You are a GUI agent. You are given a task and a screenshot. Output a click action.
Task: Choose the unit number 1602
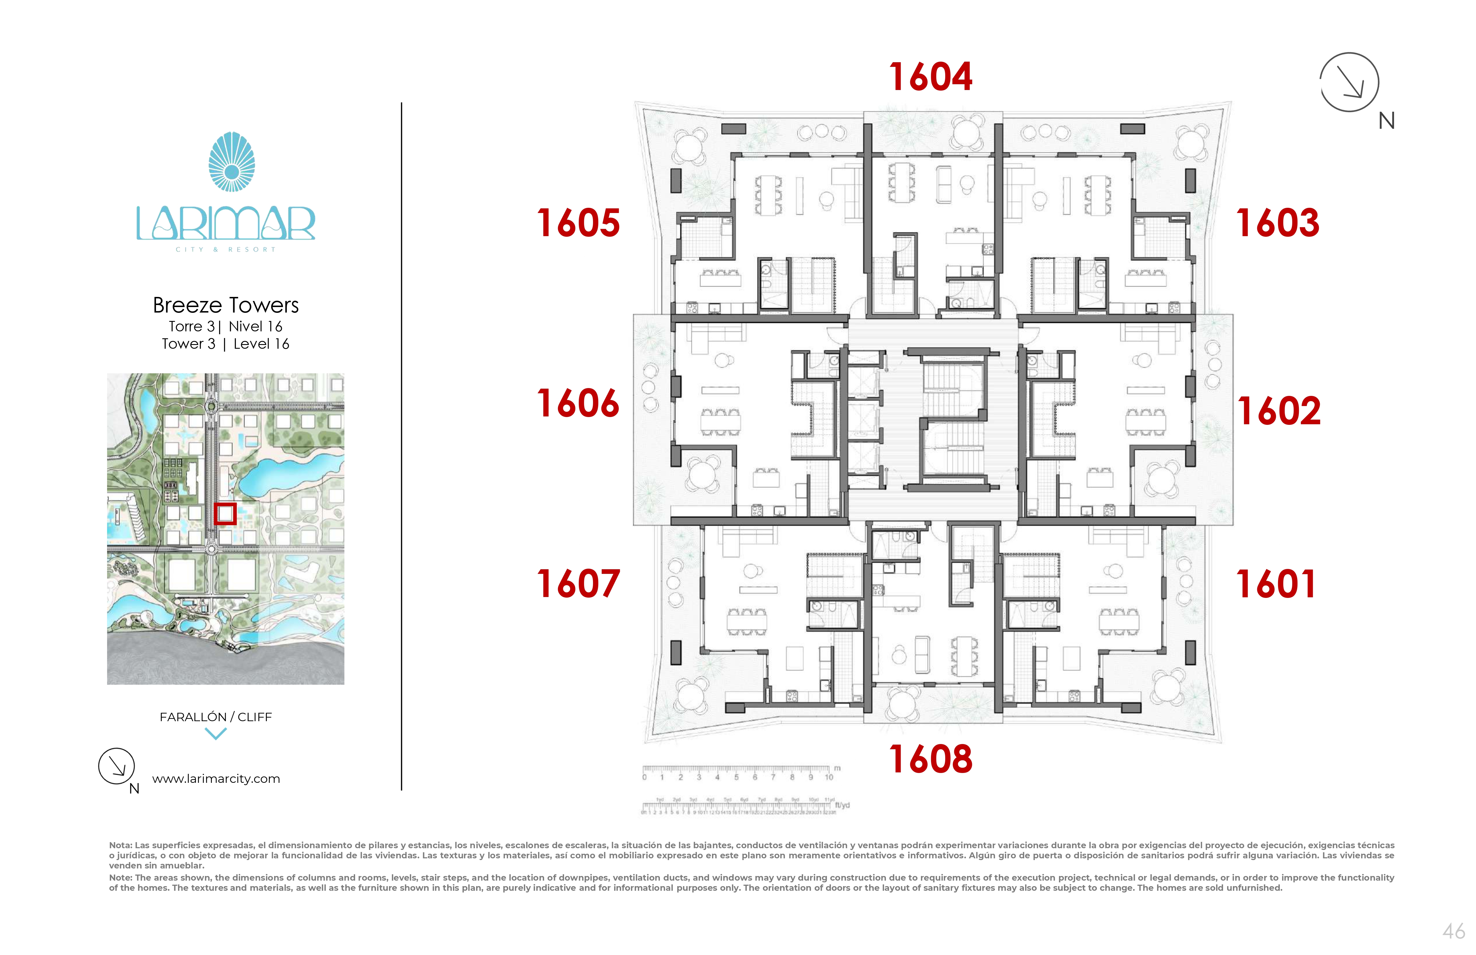1279,411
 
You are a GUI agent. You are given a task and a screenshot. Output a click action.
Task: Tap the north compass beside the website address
117,767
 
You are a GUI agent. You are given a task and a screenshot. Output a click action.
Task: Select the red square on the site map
225,513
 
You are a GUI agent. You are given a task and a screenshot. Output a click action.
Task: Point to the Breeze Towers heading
226,305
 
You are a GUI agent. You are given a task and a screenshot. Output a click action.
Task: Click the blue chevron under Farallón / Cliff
216,734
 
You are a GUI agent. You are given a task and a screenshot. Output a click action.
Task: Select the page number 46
1453,932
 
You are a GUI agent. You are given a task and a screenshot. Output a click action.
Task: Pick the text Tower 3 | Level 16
226,344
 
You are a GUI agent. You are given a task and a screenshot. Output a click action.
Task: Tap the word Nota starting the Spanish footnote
120,845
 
